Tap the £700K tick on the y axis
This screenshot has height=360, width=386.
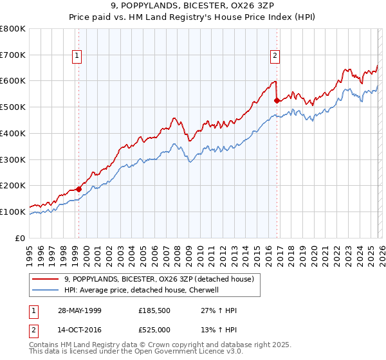tap(13, 55)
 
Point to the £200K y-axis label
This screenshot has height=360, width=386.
tap(13, 186)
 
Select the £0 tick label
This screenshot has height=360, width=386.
tap(20, 238)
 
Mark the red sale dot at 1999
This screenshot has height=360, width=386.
tap(78, 189)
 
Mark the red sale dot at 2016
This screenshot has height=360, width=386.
tap(277, 100)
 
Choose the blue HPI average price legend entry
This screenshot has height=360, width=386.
tap(142, 290)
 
